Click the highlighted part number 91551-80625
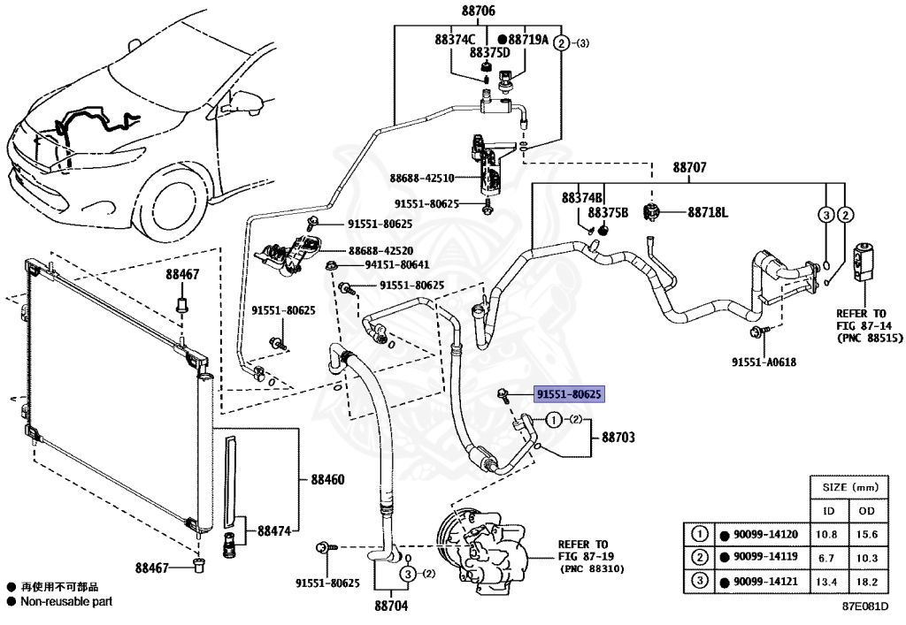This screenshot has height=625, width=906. [569, 395]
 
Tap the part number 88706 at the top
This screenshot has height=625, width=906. [478, 11]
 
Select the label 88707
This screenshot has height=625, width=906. [689, 167]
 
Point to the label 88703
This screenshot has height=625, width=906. [618, 437]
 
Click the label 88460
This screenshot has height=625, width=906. [327, 479]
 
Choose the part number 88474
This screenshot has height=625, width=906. [274, 530]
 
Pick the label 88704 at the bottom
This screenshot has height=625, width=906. [391, 606]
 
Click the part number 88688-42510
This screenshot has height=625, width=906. [422, 179]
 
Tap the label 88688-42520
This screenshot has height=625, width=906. [380, 251]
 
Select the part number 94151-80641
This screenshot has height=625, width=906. [397, 265]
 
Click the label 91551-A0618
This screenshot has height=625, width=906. [764, 362]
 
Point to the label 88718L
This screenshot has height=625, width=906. [708, 212]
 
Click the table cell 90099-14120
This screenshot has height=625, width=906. [765, 535]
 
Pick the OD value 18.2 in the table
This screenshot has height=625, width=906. [867, 582]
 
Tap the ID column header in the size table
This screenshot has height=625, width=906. [828, 511]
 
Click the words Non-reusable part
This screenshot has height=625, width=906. [66, 601]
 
